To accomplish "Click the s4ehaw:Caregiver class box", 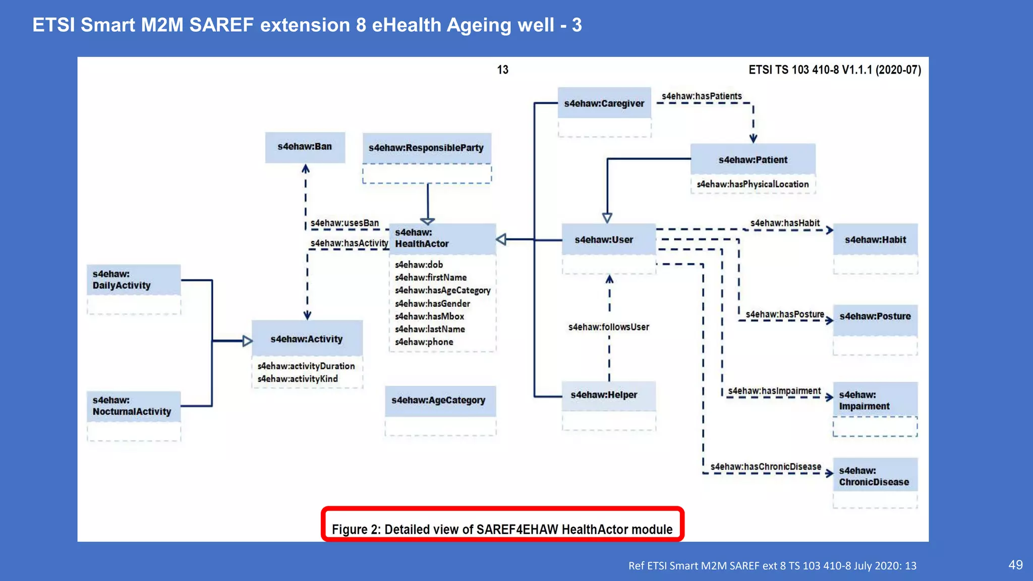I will pyautogui.click(x=604, y=103).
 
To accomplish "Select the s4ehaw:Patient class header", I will pyautogui.click(x=753, y=160).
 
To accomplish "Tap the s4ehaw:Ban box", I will pyautogui.click(x=305, y=147).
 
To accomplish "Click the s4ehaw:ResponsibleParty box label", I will pyautogui.click(x=426, y=148).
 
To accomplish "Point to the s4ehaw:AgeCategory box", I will pyautogui.click(x=438, y=400).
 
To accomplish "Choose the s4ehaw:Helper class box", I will pyautogui.click(x=604, y=395).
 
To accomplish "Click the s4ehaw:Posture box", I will pyautogui.click(x=875, y=317).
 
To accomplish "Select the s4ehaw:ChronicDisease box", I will pyautogui.click(x=874, y=476).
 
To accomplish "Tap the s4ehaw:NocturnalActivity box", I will pyautogui.click(x=132, y=406).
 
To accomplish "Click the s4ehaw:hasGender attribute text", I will pyautogui.click(x=432, y=304).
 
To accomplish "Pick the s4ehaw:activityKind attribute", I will pyautogui.click(x=298, y=379).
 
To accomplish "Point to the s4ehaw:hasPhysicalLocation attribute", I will pyautogui.click(x=753, y=185).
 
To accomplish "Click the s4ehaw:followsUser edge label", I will pyautogui.click(x=608, y=327).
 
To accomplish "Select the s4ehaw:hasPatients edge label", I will pyautogui.click(x=702, y=96).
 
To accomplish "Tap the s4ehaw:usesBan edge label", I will pyautogui.click(x=345, y=223).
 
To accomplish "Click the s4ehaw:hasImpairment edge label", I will pyautogui.click(x=774, y=391).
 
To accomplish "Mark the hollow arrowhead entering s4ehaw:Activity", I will pyautogui.click(x=247, y=341).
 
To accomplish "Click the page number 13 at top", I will pyautogui.click(x=502, y=70).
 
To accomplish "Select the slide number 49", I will pyautogui.click(x=1015, y=565).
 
